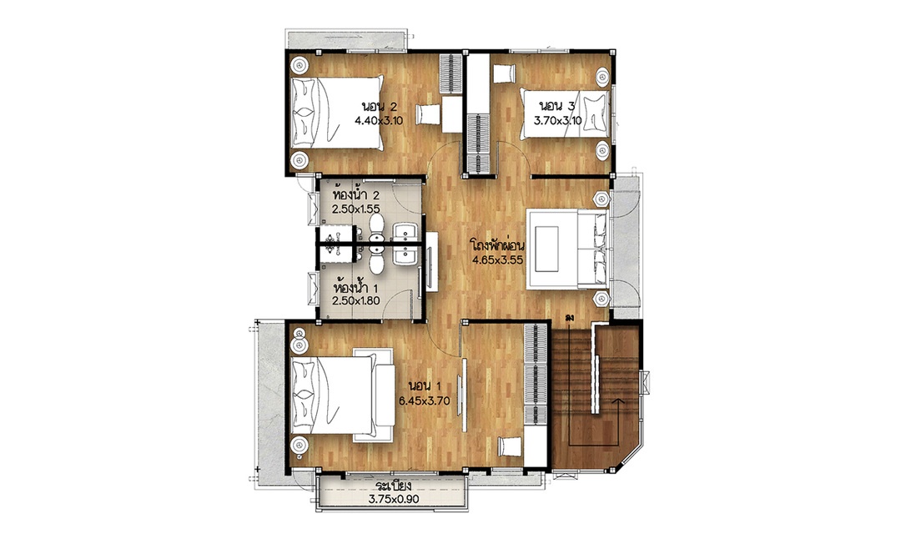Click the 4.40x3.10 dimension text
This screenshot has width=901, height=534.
point(379,121)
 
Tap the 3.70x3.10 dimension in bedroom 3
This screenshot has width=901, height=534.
point(557,121)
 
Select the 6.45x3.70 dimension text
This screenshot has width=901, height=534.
point(424,400)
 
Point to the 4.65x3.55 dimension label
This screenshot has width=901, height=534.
point(497,259)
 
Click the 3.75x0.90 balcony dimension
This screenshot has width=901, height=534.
point(394,499)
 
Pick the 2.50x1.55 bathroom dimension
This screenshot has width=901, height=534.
point(355,209)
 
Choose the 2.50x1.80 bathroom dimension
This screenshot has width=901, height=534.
point(355,300)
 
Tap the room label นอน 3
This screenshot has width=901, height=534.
point(556,106)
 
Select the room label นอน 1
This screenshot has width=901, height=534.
point(425,385)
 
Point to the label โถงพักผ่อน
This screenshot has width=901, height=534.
point(497,244)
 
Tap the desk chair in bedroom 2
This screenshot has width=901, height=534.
point(428,114)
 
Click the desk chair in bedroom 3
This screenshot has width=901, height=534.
point(504,73)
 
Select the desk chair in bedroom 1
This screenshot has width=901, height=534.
point(510,446)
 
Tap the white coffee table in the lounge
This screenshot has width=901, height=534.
point(546,248)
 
